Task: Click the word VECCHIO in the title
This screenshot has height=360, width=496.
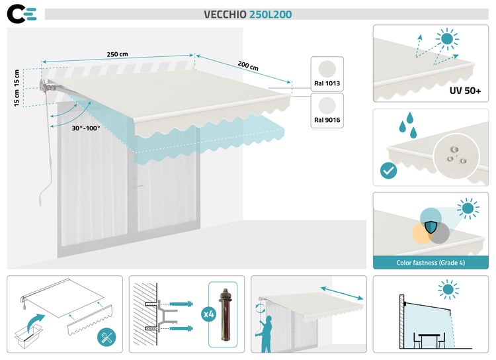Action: click(225, 15)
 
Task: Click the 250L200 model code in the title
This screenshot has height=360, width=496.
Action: click(270, 15)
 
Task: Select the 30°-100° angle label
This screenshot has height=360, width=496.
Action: click(87, 128)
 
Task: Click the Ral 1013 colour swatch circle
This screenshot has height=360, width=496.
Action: click(327, 69)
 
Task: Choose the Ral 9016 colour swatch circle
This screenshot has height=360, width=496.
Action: click(327, 106)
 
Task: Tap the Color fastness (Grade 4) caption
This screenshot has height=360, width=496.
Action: click(430, 262)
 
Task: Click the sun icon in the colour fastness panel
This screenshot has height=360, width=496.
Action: click(469, 209)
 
